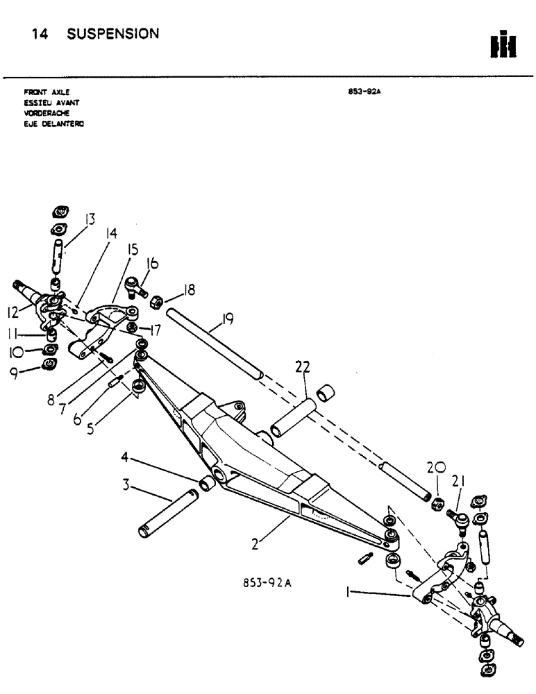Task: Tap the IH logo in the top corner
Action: (503, 45)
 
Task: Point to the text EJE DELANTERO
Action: (50, 126)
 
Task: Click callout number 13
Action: (90, 221)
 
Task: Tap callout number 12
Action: (12, 314)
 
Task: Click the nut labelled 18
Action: (158, 300)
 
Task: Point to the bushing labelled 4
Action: (206, 482)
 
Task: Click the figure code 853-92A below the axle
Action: (266, 584)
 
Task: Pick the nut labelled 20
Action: (437, 502)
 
